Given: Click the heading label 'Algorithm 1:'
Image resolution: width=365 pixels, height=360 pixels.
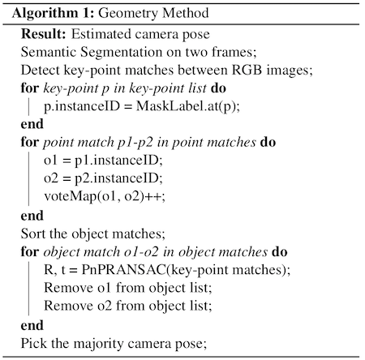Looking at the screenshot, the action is click(x=53, y=14).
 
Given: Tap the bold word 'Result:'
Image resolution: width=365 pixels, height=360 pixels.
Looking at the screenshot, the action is click(x=44, y=34).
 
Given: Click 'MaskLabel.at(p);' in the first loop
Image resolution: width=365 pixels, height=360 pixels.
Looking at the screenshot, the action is click(x=188, y=106).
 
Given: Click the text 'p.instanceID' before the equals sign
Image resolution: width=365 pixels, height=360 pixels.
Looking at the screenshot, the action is click(x=82, y=106).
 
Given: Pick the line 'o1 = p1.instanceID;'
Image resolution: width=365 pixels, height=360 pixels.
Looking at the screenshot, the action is click(x=103, y=161).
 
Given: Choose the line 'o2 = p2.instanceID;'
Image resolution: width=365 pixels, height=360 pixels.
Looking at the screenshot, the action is click(x=103, y=178).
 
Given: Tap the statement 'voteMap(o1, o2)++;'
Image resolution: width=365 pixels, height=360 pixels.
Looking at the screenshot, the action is click(x=105, y=196).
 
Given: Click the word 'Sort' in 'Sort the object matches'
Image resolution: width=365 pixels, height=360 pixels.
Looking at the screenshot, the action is click(x=32, y=234).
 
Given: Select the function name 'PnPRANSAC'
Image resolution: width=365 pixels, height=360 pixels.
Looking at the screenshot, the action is click(x=123, y=270).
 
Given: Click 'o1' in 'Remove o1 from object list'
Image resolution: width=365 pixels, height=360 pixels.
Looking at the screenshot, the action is click(x=105, y=288).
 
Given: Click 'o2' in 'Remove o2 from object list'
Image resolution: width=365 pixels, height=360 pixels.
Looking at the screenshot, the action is click(x=105, y=306).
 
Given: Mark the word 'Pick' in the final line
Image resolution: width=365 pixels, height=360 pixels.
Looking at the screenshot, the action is click(x=33, y=343).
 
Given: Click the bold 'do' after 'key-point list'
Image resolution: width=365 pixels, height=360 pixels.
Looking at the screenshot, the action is click(x=218, y=88).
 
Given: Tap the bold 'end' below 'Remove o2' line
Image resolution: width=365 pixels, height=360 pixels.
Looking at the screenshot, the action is click(x=32, y=325).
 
